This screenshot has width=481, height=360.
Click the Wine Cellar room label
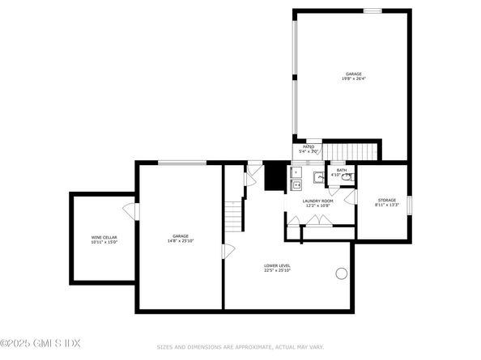(104, 236)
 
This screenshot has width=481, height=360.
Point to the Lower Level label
(277, 265)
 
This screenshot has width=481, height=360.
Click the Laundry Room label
(317, 201)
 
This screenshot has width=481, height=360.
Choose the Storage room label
(387, 200)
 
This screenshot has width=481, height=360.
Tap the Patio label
(309, 147)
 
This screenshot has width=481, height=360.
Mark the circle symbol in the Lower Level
(341, 273)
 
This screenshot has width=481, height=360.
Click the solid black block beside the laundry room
(276, 176)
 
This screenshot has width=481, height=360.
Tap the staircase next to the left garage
(234, 216)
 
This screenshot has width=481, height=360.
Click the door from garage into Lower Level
(228, 251)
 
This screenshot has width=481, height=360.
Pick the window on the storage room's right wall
(409, 205)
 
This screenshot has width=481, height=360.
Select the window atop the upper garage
(372, 11)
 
